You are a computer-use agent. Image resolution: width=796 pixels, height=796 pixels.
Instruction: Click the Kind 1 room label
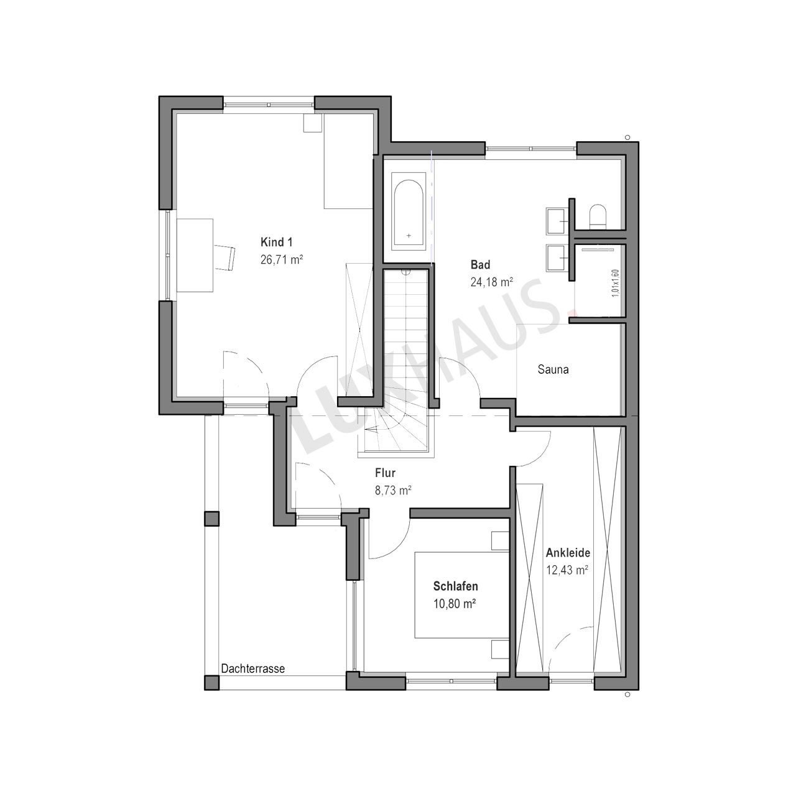(x=276, y=242)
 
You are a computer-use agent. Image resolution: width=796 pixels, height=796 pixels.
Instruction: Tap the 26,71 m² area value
(x=282, y=259)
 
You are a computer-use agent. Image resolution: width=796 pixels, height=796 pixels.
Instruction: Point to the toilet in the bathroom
(x=598, y=216)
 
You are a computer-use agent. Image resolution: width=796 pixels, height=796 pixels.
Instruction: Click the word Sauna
(x=553, y=369)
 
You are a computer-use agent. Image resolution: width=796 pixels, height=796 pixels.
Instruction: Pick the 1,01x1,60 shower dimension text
(x=615, y=284)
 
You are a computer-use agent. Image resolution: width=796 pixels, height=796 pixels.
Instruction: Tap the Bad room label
(x=481, y=264)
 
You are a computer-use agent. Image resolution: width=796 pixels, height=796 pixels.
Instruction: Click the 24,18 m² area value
(x=492, y=282)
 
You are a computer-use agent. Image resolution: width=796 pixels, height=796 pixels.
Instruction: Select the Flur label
(x=386, y=473)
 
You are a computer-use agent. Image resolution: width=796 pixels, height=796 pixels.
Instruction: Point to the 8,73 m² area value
(x=393, y=490)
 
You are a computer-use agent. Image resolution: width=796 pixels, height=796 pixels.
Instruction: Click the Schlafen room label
(x=456, y=586)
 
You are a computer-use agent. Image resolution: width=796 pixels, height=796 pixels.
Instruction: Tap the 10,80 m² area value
(x=455, y=604)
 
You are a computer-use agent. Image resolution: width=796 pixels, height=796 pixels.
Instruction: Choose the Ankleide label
(x=568, y=553)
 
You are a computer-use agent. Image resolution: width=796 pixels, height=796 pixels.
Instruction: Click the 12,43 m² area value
(x=567, y=570)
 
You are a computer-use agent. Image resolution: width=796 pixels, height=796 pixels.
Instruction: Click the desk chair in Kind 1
(x=224, y=257)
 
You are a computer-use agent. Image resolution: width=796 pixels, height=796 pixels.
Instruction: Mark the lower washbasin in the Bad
(x=557, y=257)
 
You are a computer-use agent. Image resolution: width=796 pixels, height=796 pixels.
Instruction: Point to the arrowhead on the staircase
(x=374, y=428)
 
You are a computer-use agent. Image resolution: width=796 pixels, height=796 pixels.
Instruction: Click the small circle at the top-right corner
(x=627, y=137)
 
